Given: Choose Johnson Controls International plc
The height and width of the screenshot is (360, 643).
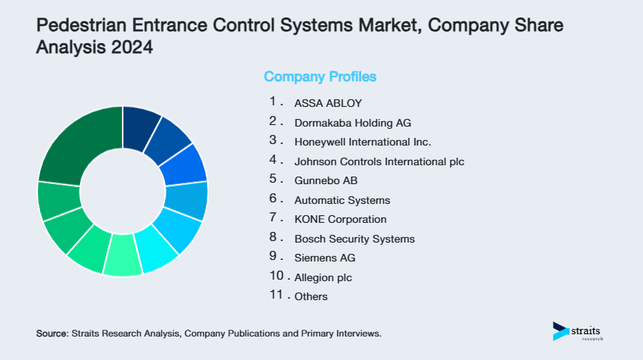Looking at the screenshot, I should tap(379, 161).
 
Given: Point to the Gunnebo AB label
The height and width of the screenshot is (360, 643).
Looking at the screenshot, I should tap(325, 180).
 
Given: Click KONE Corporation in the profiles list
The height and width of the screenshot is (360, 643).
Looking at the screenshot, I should tap(340, 219).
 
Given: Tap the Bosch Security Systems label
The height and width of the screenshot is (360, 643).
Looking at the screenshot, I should tap(354, 239).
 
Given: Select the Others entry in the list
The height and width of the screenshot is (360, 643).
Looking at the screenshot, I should tap(311, 296).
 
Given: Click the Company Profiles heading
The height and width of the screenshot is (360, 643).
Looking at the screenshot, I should tap(320, 77).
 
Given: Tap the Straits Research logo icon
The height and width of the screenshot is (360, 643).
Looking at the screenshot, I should tap(560, 330).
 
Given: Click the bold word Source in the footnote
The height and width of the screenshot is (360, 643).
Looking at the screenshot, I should tap(52, 333).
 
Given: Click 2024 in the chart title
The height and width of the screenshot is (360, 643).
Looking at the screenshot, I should tap(132, 48).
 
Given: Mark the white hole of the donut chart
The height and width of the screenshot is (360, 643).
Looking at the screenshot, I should tap(123, 191).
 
